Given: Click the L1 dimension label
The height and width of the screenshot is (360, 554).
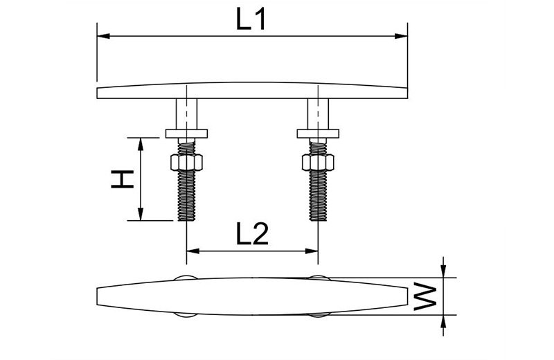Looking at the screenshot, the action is pos(251,19).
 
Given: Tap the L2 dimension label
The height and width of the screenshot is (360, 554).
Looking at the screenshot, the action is pos(252,234).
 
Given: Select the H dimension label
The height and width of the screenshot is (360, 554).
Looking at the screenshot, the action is pos(123,179).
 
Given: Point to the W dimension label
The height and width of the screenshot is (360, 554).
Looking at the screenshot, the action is pos(425,296).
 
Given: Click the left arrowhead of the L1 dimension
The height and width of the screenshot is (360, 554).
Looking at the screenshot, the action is pos(103,36).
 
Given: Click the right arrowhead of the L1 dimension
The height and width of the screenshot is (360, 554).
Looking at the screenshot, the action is pos(401,36).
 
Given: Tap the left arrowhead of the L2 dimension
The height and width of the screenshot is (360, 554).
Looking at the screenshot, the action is pos(193,251).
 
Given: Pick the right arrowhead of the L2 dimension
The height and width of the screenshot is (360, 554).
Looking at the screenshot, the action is pos(312,251).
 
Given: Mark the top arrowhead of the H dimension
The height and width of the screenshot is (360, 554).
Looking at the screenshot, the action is pos(141,144).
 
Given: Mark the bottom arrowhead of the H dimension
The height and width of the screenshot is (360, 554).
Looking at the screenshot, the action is pos(141,214).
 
